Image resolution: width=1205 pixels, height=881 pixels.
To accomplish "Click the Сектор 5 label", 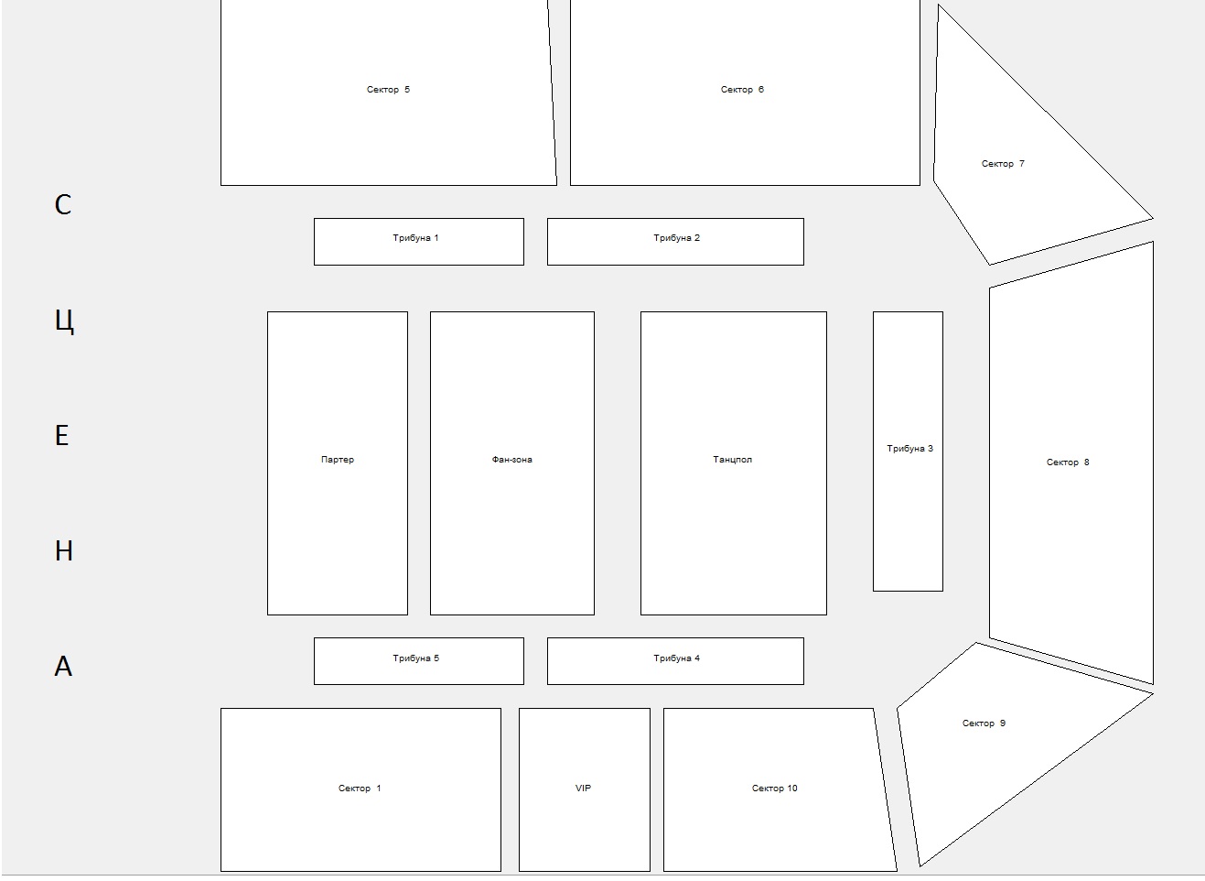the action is click(388, 90).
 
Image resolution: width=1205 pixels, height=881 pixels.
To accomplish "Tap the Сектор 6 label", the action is click(742, 90).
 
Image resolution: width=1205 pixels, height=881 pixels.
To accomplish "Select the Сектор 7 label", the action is click(1003, 164).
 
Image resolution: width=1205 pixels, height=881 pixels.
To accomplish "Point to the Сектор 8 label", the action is click(1067, 462).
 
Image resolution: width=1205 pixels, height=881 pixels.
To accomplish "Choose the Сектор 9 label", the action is click(984, 723).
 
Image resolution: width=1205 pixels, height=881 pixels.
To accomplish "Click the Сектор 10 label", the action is click(774, 789).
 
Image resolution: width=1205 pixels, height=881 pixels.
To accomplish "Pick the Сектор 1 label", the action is click(360, 789).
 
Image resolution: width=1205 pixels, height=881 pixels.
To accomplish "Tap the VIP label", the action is click(583, 789).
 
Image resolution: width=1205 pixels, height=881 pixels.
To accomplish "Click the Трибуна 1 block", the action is click(418, 242).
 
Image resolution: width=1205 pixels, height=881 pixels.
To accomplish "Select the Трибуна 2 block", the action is click(675, 242).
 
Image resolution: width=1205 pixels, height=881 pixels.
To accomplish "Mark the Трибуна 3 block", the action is click(908, 451).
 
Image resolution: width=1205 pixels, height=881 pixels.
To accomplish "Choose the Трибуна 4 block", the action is click(675, 661).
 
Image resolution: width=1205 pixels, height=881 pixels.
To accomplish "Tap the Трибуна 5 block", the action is click(418, 661).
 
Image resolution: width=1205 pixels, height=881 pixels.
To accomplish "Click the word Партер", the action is click(338, 460).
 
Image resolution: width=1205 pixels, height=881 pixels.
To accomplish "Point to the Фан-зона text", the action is click(511, 460).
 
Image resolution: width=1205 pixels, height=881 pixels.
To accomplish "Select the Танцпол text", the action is click(732, 460).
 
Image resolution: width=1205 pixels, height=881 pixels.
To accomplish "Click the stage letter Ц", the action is click(64, 321).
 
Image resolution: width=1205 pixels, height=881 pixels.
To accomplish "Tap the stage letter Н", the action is click(63, 551).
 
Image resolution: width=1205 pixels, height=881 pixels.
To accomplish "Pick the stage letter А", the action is click(63, 666).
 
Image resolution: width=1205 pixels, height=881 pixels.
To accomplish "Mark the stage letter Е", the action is click(62, 435).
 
